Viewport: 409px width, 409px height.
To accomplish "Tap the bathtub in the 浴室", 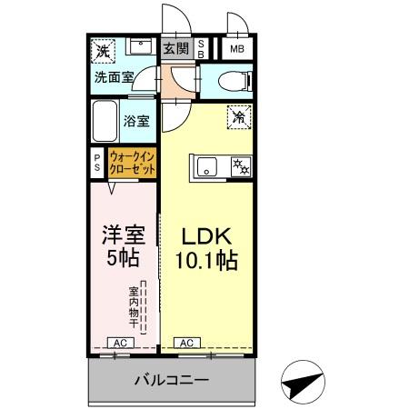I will tap(105, 119).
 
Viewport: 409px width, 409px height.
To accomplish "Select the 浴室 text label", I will tap(137, 119).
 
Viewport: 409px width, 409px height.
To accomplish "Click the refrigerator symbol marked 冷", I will tap(239, 116).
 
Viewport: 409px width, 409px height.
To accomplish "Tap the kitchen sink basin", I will tap(205, 166).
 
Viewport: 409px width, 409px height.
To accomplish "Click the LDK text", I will tap(204, 234).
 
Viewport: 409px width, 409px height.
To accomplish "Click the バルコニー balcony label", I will tap(172, 379).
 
